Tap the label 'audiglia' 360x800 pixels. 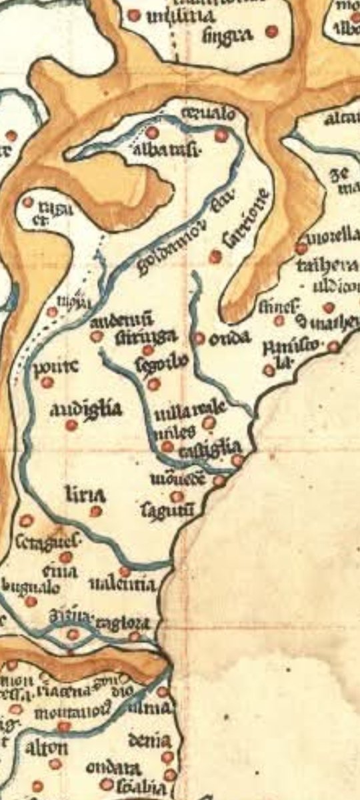tap(86, 409)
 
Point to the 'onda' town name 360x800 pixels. tap(229, 339)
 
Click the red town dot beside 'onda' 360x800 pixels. tap(199, 338)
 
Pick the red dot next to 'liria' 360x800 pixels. tap(96, 511)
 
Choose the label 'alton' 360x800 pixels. tap(46, 747)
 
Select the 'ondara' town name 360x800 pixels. tap(112, 767)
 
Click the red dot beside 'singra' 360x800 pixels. tap(271, 31)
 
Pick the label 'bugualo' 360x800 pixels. tap(31, 587)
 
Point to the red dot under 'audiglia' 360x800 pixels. tap(71, 425)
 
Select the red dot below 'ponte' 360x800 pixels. tap(47, 383)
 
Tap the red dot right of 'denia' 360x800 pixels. tap(167, 757)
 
